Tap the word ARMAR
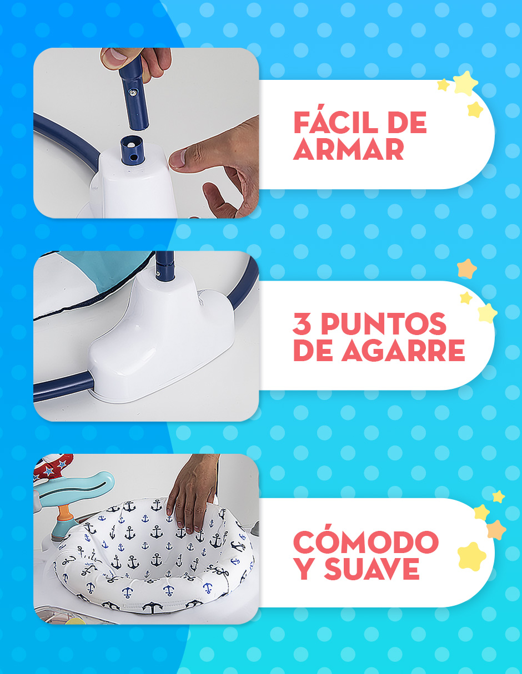[348, 149]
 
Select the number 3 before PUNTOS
[302, 325]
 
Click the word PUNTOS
[383, 325]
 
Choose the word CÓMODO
[365, 542]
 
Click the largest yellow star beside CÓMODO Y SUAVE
[473, 556]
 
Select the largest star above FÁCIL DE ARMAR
[465, 83]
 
